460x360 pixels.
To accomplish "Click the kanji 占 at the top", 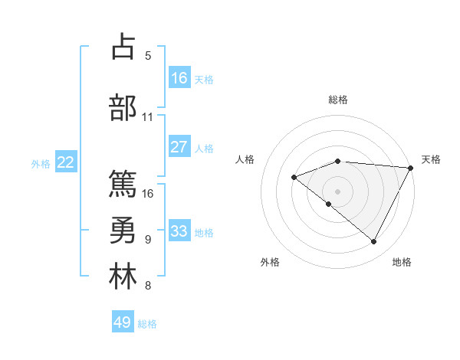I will (x=123, y=47).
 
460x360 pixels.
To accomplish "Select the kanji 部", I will (x=123, y=107).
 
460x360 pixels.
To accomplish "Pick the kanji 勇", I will (x=123, y=231).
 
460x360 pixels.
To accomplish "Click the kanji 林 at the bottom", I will (x=123, y=277).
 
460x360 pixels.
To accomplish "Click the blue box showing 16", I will (x=179, y=78).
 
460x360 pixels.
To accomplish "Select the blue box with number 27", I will (x=179, y=148).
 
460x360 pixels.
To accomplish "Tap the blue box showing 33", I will (x=179, y=231).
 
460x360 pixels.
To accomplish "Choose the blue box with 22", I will (x=66, y=162).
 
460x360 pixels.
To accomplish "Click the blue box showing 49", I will (x=123, y=322).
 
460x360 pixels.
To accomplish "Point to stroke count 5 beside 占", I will (x=148, y=55).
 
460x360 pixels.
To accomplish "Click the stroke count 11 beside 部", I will (x=148, y=117).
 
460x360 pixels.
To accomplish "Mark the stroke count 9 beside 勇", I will (x=148, y=240).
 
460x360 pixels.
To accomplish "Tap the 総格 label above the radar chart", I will (x=338, y=100).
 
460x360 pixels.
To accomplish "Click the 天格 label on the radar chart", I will (x=431, y=159).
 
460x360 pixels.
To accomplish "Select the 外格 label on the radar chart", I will (x=270, y=262).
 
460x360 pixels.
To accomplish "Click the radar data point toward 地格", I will (x=374, y=242).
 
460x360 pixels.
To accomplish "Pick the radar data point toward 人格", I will (x=294, y=177).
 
